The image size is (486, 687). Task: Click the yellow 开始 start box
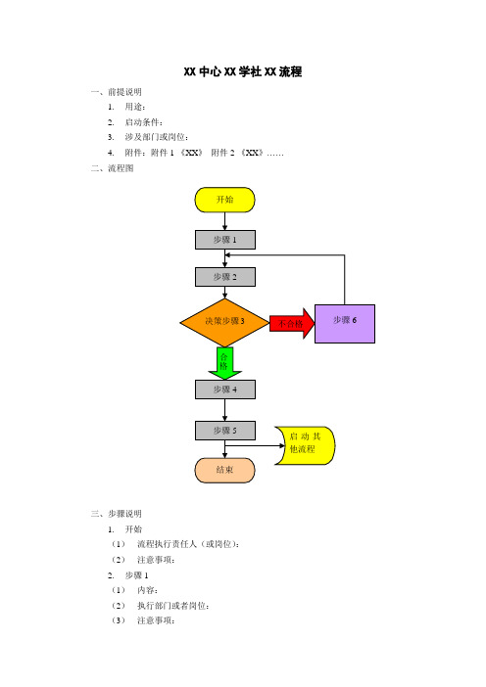pyautogui.click(x=224, y=200)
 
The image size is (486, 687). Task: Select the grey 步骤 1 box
pyautogui.click(x=225, y=240)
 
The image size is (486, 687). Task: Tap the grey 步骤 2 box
pyautogui.click(x=225, y=277)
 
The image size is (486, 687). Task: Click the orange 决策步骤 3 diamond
pyautogui.click(x=224, y=323)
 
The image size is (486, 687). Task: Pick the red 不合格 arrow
pyautogui.click(x=292, y=323)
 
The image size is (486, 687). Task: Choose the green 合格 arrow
pyautogui.click(x=224, y=363)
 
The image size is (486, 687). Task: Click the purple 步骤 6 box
pyautogui.click(x=345, y=324)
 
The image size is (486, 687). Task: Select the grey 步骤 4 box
pyautogui.click(x=225, y=389)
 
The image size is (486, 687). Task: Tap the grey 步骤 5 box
pyautogui.click(x=225, y=431)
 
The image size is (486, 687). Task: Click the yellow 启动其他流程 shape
pyautogui.click(x=306, y=445)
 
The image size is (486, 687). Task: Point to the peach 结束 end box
pyautogui.click(x=224, y=471)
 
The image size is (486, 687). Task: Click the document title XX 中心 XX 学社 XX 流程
pyautogui.click(x=243, y=71)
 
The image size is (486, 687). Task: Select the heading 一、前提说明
pyautogui.click(x=117, y=92)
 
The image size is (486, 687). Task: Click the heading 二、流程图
pyautogui.click(x=113, y=168)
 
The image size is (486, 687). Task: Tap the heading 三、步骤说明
pyautogui.click(x=117, y=514)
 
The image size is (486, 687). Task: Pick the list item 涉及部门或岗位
pyautogui.click(x=157, y=137)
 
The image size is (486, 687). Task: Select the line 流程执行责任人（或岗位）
pyautogui.click(x=188, y=544)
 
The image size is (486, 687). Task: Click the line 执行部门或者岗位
pyautogui.click(x=173, y=606)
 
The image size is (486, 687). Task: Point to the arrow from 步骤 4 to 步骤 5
pyautogui.click(x=225, y=410)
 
